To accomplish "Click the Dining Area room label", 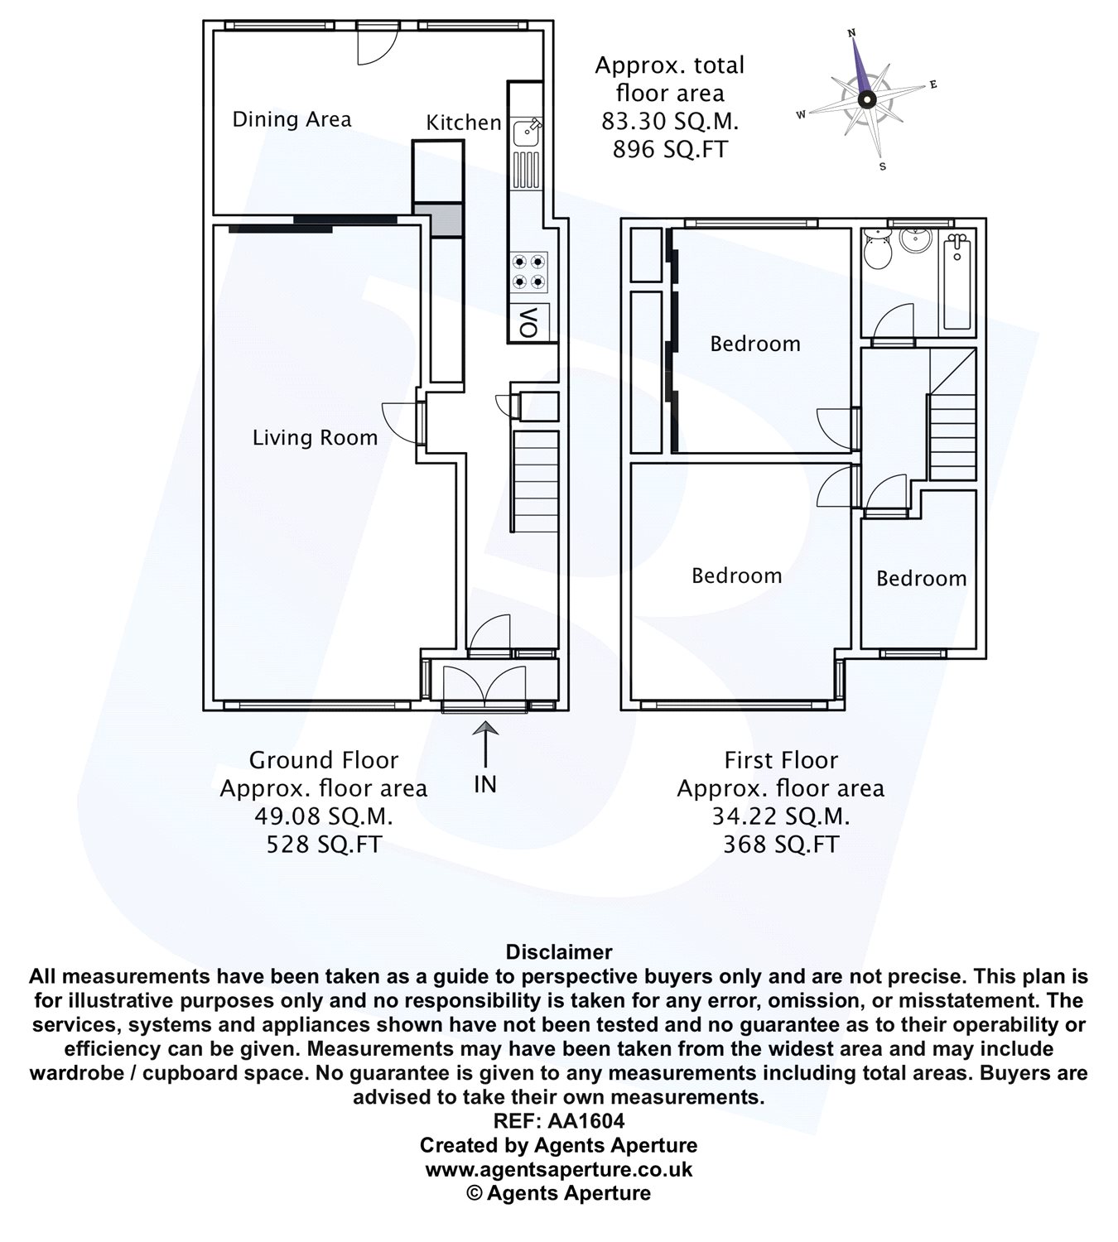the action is (x=292, y=119).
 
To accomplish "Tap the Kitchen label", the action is (x=463, y=123).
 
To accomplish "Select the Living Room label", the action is (x=315, y=438).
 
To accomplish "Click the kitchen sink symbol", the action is (x=527, y=132).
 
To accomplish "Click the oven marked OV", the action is (x=528, y=322).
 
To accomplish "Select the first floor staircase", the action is (x=952, y=414).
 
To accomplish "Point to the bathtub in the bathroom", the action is (x=957, y=282).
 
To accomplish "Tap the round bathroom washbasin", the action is (x=915, y=239).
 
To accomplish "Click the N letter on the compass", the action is (x=851, y=33).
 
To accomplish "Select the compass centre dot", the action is (x=866, y=99).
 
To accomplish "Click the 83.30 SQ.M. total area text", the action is (x=670, y=122).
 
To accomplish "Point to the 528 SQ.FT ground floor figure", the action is (x=324, y=845).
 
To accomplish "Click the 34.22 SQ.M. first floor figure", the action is (x=780, y=816).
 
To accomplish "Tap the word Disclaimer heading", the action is (x=559, y=951).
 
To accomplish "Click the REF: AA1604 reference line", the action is (x=559, y=1120).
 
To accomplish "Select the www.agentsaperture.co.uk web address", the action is (x=559, y=1169).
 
